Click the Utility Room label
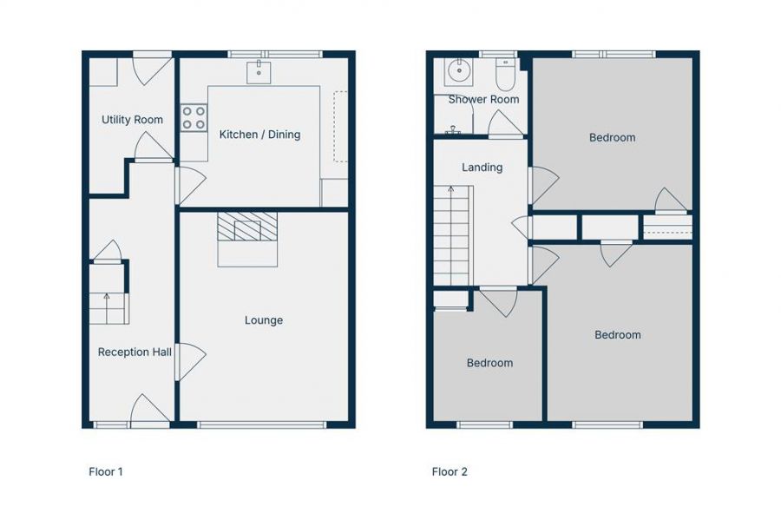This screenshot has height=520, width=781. click(132, 120)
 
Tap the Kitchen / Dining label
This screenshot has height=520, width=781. click(259, 135)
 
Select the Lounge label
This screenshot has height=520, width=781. click(264, 320)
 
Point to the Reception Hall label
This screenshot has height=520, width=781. click(135, 352)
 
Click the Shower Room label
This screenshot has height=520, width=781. click(483, 99)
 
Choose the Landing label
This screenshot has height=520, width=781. click(482, 168)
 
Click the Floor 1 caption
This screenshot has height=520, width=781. click(106, 471)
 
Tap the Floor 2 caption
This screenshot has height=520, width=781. click(450, 471)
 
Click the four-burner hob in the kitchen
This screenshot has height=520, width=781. click(194, 117)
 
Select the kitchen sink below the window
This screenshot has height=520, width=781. click(259, 72)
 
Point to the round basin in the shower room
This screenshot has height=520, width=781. click(457, 70)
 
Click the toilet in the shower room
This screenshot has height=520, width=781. click(505, 75)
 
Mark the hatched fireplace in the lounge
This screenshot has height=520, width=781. click(247, 227)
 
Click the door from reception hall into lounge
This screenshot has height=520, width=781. click(190, 362)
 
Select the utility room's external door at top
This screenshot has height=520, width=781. click(152, 69)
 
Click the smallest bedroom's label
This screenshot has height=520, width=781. click(489, 363)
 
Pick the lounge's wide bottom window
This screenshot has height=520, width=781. click(261, 425)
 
